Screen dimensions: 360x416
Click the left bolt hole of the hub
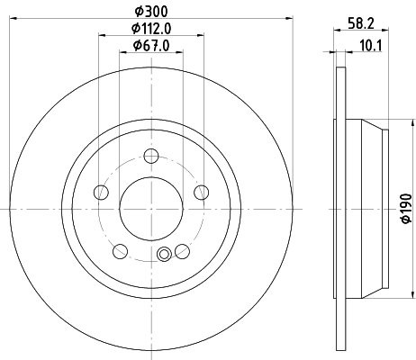(102, 193)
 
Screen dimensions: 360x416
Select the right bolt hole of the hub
(201, 193)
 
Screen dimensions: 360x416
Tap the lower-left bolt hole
(121, 251)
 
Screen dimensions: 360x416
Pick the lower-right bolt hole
(182, 251)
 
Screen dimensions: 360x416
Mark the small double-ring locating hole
(163, 255)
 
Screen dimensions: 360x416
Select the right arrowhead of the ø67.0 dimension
(180, 53)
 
